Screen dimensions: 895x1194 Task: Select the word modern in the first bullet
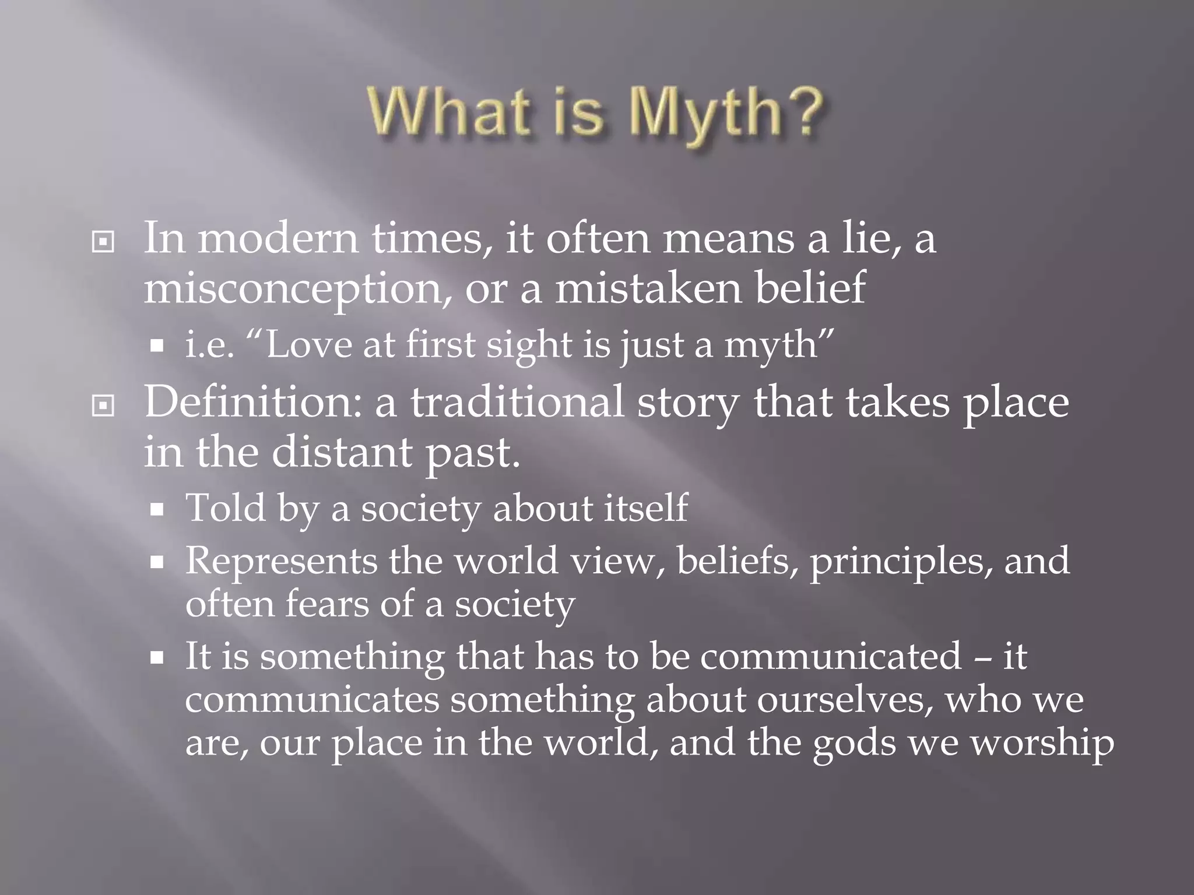point(278,239)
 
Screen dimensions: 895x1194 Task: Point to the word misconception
point(297,289)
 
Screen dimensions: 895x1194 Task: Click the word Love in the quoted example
point(310,344)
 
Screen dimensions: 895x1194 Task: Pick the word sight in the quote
point(529,346)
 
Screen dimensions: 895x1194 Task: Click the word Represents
point(281,561)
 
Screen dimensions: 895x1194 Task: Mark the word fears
point(327,604)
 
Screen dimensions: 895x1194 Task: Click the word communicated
point(831,656)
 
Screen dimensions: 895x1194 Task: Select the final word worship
point(1042,743)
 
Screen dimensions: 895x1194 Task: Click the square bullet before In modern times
point(103,242)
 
